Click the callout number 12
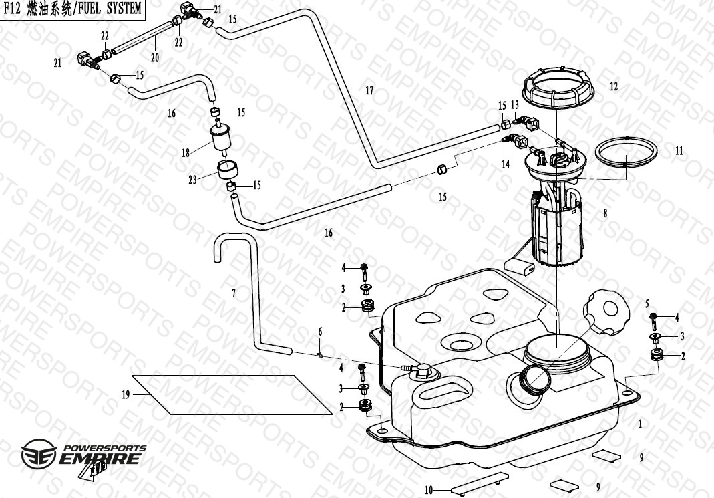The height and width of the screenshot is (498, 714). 613,86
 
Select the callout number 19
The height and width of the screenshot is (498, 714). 126,394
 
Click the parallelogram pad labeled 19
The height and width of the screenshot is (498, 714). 231,394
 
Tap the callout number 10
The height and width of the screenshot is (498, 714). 429,490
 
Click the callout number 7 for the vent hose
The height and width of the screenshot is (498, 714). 234,293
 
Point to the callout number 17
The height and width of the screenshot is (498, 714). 369,91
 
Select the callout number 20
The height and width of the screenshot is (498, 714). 155,57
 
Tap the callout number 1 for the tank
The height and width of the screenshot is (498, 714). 639,424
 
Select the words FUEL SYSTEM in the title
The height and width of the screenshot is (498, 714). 110,8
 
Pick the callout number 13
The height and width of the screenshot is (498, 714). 515,106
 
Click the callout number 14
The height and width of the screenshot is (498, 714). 506,164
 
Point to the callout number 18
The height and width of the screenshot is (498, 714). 186,153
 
